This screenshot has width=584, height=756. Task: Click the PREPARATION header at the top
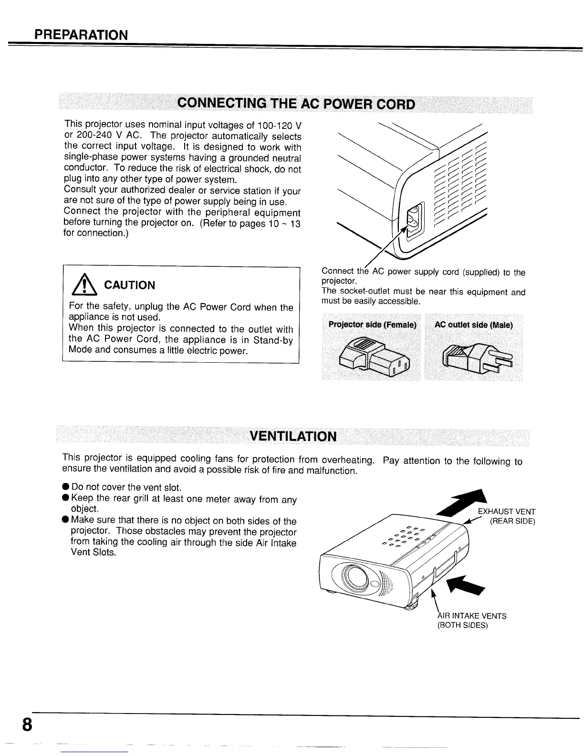[x=81, y=35]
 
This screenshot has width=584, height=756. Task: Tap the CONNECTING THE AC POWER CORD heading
[x=296, y=104]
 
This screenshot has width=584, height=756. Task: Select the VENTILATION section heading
[x=293, y=436]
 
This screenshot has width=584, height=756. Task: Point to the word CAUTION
[x=129, y=285]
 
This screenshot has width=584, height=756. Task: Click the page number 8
[x=27, y=724]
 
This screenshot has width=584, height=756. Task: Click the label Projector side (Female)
[x=372, y=325]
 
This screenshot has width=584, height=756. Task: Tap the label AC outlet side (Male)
[x=473, y=325]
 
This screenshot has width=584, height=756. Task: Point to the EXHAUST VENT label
[x=506, y=512]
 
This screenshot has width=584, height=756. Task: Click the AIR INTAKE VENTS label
[x=471, y=616]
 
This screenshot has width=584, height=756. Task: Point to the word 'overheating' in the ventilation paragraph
[x=347, y=460]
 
